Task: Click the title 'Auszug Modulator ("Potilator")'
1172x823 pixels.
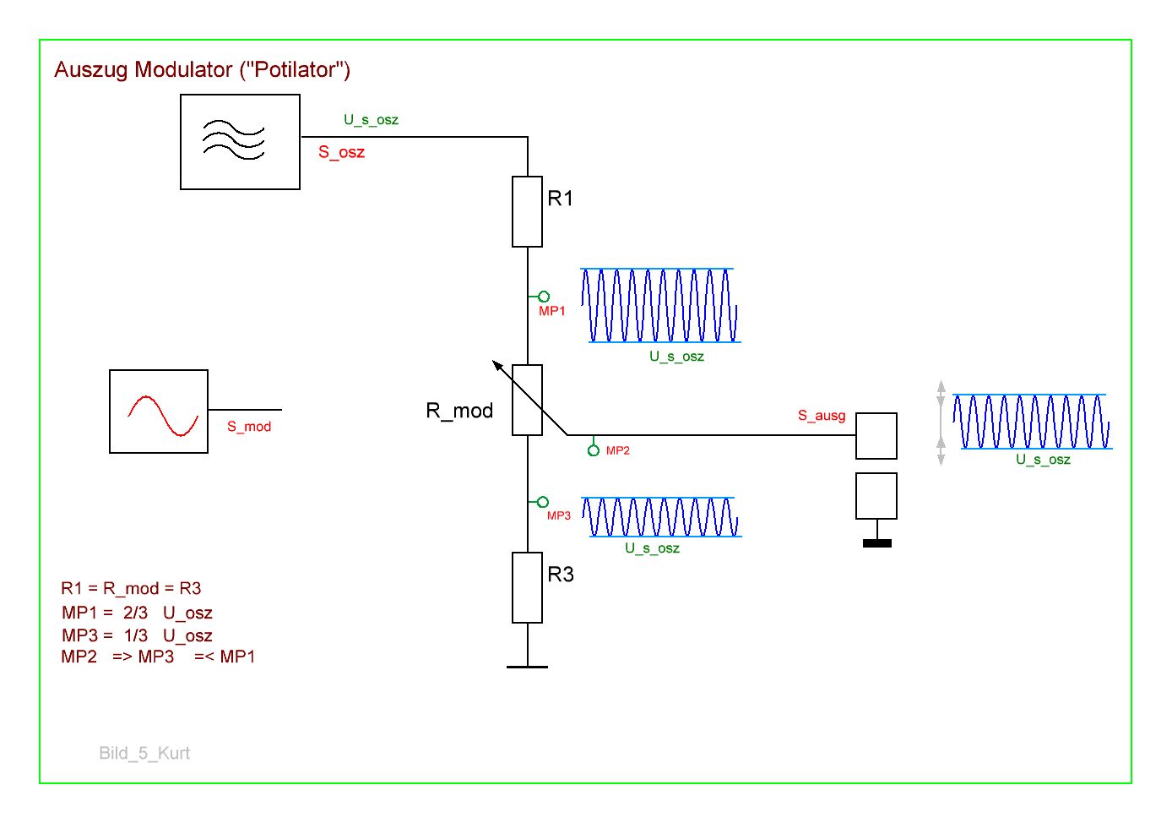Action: click(202, 69)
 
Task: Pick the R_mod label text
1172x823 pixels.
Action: click(459, 411)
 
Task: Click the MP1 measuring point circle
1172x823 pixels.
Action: click(544, 297)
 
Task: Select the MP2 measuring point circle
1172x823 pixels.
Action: click(594, 450)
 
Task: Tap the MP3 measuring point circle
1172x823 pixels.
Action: click(543, 502)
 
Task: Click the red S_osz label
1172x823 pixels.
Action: click(341, 152)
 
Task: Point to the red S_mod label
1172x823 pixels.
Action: click(249, 427)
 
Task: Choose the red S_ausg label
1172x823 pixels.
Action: click(822, 416)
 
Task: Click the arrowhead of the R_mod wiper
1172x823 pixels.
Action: click(496, 364)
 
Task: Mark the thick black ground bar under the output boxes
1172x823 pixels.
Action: click(877, 543)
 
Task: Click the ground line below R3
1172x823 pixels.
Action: click(527, 667)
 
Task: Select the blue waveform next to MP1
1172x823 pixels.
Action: click(660, 305)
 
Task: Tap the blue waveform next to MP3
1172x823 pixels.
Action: click(661, 517)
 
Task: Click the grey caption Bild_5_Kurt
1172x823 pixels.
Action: click(144, 753)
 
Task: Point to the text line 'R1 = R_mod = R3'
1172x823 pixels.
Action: click(131, 588)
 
